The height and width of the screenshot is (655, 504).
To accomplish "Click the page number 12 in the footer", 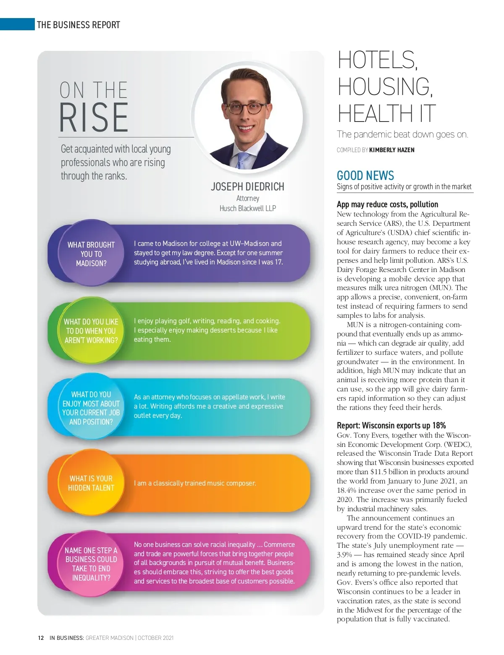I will pos(41,638).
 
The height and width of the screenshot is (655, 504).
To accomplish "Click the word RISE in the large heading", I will pos(94,118).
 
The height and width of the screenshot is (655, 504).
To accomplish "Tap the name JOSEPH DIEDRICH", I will pos(247,187).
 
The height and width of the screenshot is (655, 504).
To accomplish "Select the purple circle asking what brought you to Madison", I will pos(91,254).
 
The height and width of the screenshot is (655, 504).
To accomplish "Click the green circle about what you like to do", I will pos(91,331).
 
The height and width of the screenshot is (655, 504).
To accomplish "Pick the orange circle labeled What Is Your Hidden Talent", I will pos(91,483).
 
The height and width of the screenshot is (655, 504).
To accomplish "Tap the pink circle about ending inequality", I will pos(91,564).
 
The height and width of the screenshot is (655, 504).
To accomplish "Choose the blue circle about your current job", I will pos(91,408).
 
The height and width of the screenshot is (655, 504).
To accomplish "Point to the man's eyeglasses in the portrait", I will pos(247,108).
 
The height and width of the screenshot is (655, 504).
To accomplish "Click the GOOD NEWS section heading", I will pos(365,175).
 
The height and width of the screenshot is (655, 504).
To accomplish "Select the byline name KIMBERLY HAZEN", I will pos(391,150).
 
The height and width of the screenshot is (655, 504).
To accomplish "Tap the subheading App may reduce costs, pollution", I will pos(387,204).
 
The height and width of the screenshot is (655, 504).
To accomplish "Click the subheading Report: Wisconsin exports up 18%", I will pos(391,425).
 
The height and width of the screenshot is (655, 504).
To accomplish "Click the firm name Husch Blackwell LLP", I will pos(247,208).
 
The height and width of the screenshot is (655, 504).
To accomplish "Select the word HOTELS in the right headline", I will pos(377,60).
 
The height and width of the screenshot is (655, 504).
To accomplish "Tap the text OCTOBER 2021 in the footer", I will pos(155,638).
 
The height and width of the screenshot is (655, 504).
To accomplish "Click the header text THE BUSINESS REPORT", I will pos(79,25).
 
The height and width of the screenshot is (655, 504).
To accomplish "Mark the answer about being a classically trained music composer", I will pos(195,483).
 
